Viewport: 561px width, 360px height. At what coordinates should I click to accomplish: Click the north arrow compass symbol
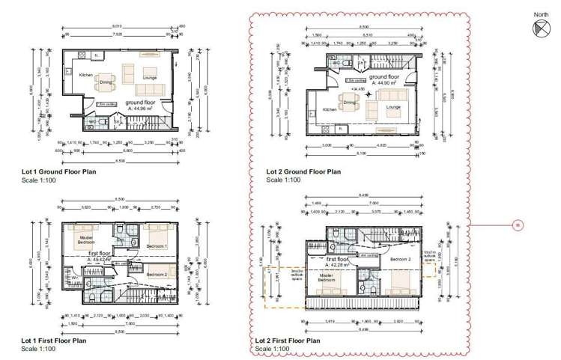tap(541, 28)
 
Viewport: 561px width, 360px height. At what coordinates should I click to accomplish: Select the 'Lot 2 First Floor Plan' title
tap(288, 341)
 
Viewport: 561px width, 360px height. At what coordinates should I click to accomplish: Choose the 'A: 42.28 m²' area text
tap(342, 265)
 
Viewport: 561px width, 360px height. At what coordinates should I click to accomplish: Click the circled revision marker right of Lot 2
tap(516, 225)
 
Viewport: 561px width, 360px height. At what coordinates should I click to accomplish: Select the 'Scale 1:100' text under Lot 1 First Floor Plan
tap(40, 349)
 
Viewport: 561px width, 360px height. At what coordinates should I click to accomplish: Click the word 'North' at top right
tap(541, 14)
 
